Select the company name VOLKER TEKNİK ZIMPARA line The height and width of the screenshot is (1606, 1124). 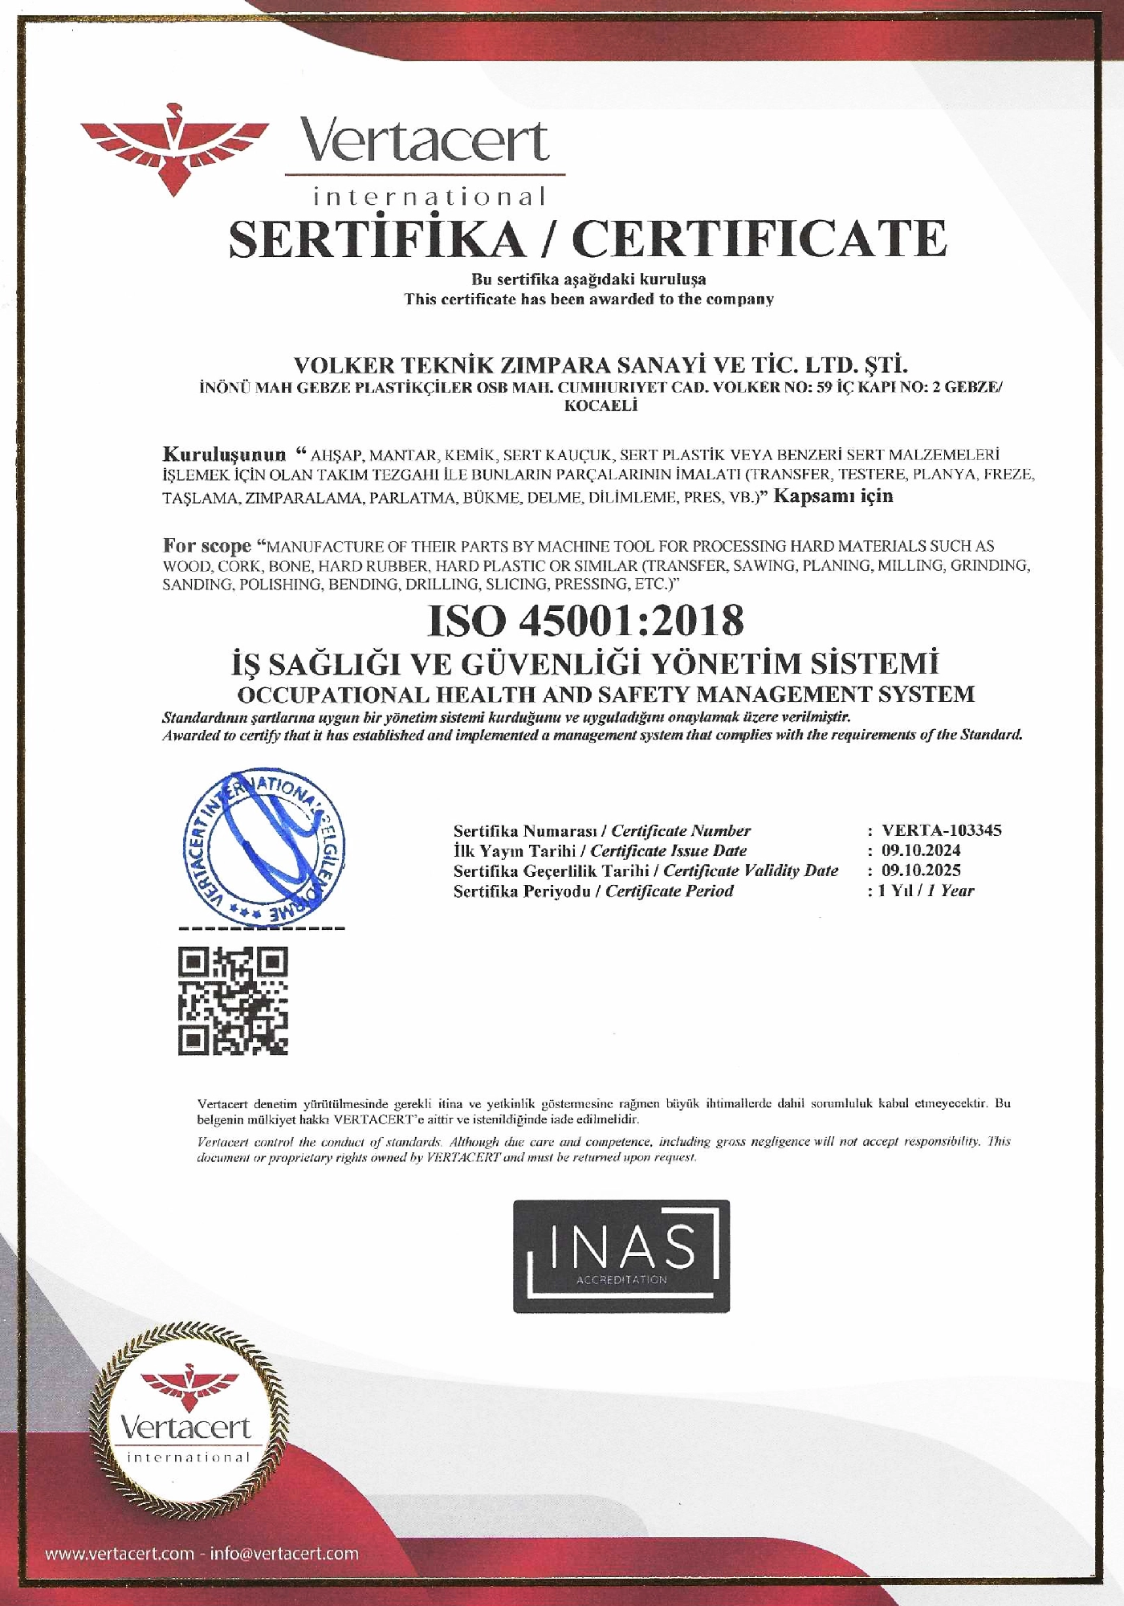[601, 365]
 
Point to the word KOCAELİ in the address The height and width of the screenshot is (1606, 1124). [601, 406]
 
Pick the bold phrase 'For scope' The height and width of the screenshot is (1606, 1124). [207, 545]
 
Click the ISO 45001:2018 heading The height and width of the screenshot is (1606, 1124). [586, 619]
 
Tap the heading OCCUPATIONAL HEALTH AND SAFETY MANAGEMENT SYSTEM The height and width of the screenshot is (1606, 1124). [606, 694]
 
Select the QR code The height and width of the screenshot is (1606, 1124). [233, 1001]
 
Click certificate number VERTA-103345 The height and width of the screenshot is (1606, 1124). [941, 830]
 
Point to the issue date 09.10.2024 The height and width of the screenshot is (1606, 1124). [921, 850]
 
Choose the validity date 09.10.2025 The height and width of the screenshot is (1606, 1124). [921, 870]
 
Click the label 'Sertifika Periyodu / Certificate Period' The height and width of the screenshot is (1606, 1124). [593, 891]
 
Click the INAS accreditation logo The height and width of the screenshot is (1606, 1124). [621, 1256]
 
